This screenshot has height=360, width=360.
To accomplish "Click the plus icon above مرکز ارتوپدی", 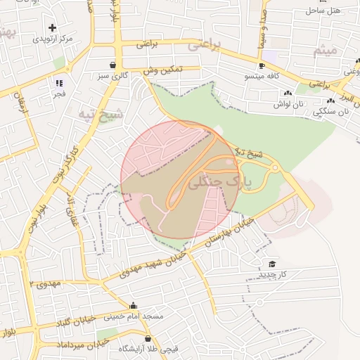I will pyautogui.click(x=53, y=27).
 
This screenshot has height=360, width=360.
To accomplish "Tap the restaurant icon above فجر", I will pyautogui.click(x=59, y=82).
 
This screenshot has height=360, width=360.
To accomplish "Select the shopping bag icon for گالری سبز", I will pyautogui.click(x=112, y=65).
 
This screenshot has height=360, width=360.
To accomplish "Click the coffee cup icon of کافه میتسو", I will pyautogui.click(x=262, y=65).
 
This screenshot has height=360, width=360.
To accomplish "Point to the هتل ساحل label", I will pyautogui.click(x=323, y=11).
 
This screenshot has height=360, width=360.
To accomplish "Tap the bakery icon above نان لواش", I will pyautogui.click(x=288, y=94).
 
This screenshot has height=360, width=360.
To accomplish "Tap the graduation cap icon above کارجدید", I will pyautogui.click(x=271, y=264).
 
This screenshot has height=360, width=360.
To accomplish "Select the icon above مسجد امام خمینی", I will pyautogui.click(x=134, y=305).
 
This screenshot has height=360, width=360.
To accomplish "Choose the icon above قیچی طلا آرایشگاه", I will pyautogui.click(x=148, y=339).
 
